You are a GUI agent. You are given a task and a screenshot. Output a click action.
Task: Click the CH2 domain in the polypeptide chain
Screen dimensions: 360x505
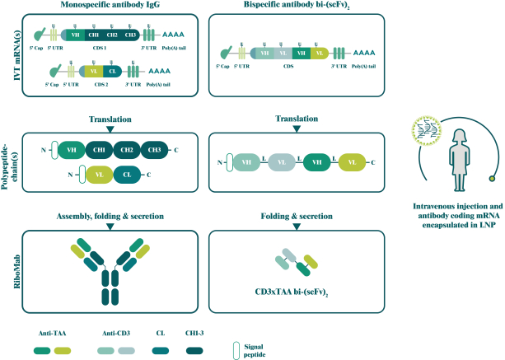coord(127,150)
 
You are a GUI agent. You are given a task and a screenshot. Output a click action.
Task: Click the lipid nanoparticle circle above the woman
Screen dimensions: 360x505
coord(426,128)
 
